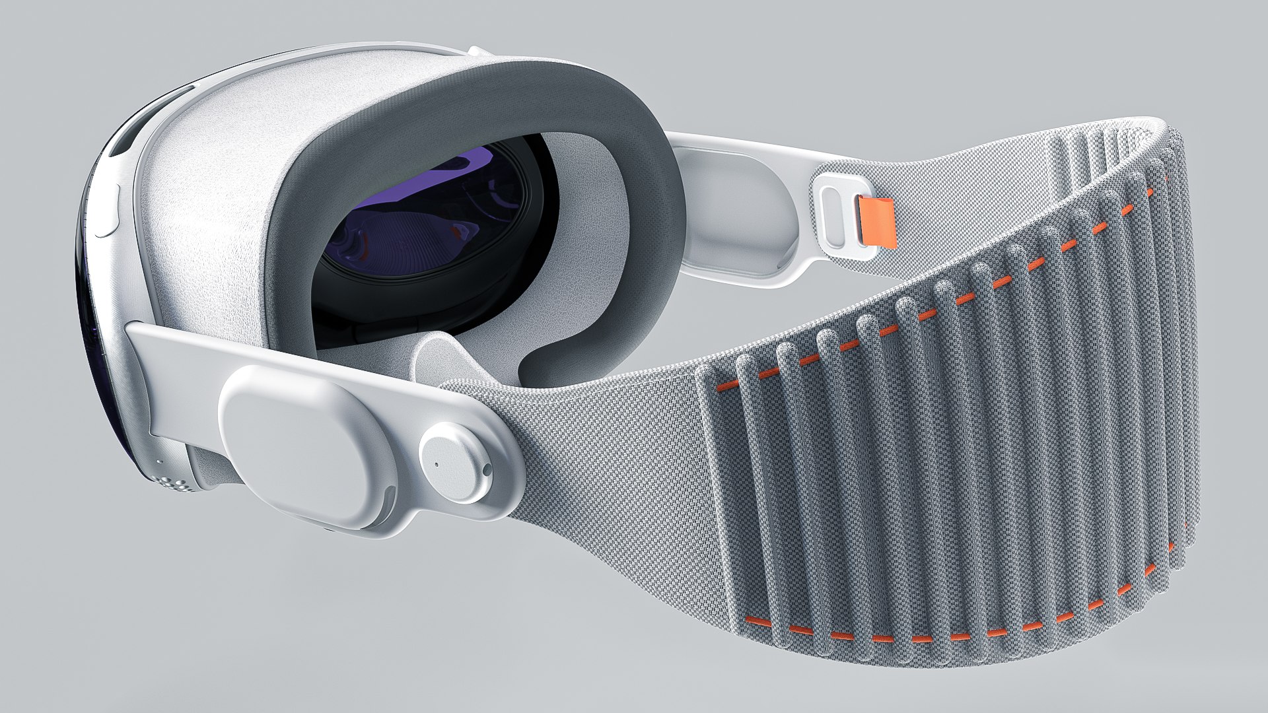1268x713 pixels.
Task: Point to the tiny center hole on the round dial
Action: [437, 462]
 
